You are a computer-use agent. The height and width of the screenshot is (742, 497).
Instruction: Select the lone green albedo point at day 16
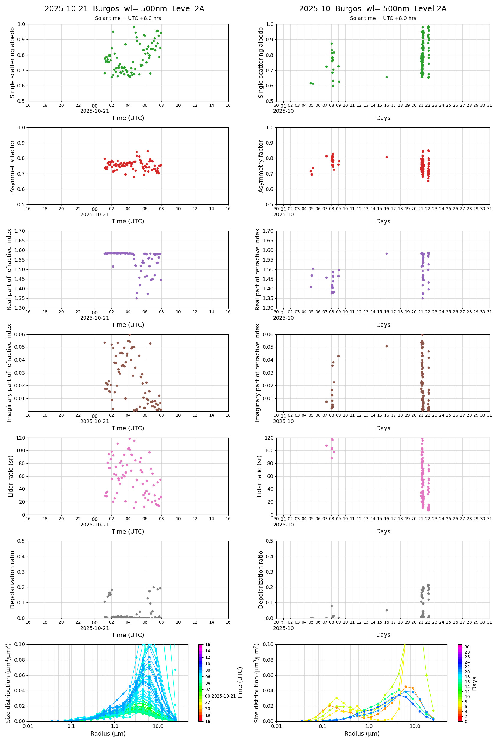[x=386, y=77]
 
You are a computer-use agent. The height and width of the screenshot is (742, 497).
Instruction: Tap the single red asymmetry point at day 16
[x=386, y=157]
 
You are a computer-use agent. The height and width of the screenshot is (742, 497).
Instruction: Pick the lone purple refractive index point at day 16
[x=386, y=254]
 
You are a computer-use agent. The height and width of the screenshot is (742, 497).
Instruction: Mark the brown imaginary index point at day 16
[x=386, y=346]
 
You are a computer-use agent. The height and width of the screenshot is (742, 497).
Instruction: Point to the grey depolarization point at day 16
[x=386, y=610]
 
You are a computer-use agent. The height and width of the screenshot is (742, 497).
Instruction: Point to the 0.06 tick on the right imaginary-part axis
[x=269, y=335]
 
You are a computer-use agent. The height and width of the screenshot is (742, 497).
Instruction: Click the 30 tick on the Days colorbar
[x=467, y=647]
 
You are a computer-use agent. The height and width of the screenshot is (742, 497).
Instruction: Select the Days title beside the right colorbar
[x=474, y=683]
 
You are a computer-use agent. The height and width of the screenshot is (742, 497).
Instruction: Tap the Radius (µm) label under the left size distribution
[x=108, y=734]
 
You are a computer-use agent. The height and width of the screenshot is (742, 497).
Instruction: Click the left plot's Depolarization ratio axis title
[x=12, y=579]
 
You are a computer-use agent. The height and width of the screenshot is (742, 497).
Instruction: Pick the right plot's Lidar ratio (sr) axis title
[x=260, y=476]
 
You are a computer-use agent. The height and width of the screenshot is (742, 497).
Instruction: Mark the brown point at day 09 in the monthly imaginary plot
[x=338, y=356]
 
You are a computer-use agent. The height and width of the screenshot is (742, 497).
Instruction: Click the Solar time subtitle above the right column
[x=383, y=18]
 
